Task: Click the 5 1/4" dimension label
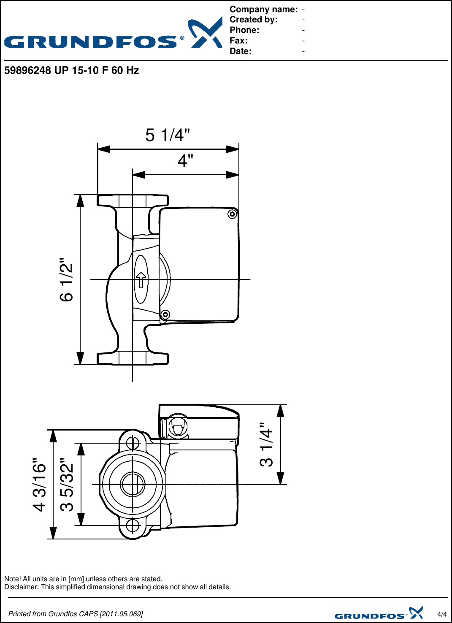click(x=168, y=135)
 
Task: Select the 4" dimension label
click(x=185, y=161)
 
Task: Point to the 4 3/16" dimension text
click(x=40, y=484)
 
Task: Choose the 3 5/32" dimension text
click(x=67, y=484)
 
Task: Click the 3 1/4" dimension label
click(x=266, y=444)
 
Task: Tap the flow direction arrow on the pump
click(x=141, y=279)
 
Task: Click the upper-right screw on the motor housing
click(x=232, y=214)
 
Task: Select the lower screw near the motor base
click(x=165, y=314)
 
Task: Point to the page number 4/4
click(x=442, y=614)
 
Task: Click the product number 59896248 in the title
click(x=27, y=70)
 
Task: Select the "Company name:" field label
click(x=263, y=9)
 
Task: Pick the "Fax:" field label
click(x=238, y=41)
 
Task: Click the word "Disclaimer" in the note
click(x=21, y=587)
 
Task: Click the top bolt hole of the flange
click(x=133, y=443)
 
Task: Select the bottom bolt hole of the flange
click(x=133, y=525)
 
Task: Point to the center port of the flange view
click(x=133, y=484)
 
